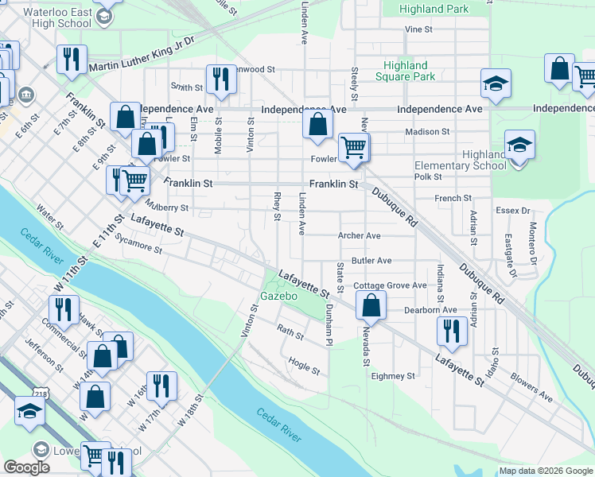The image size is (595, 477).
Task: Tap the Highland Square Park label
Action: pyautogui.click(x=409, y=71)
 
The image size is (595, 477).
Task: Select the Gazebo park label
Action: pyautogui.click(x=278, y=297)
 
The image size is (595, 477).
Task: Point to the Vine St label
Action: pyautogui.click(x=418, y=29)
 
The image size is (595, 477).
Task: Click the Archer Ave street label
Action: pyautogui.click(x=360, y=236)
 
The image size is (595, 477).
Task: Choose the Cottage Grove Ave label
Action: pyautogui.click(x=391, y=285)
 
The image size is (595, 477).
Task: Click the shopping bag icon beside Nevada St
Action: pyautogui.click(x=371, y=304)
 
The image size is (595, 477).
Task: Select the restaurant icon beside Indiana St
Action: pyautogui.click(x=453, y=332)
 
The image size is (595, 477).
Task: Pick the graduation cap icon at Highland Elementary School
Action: pyautogui.click(x=519, y=145)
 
